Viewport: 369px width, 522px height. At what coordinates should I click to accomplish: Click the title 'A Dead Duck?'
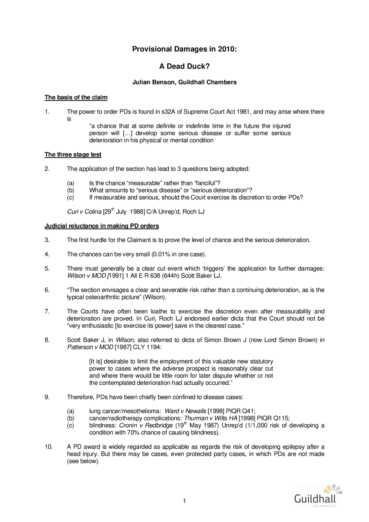(x=184, y=66)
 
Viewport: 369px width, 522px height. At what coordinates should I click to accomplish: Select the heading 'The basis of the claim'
(x=76, y=97)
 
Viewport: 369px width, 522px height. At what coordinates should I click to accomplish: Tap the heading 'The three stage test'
(x=73, y=154)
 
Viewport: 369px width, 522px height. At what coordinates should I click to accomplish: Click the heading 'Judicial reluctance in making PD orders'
(x=101, y=226)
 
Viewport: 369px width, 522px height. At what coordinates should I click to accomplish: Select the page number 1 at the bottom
(x=184, y=501)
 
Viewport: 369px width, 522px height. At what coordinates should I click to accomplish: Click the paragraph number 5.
(x=47, y=269)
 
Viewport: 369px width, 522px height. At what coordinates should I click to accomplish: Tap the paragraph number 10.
(x=48, y=447)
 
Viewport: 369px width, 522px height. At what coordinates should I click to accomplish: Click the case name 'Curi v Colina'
(x=84, y=212)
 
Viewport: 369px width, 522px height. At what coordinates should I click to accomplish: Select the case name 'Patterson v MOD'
(x=90, y=347)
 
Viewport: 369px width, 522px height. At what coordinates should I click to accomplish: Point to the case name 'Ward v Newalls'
(x=185, y=411)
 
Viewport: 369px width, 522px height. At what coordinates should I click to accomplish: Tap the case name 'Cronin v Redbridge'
(x=146, y=425)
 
